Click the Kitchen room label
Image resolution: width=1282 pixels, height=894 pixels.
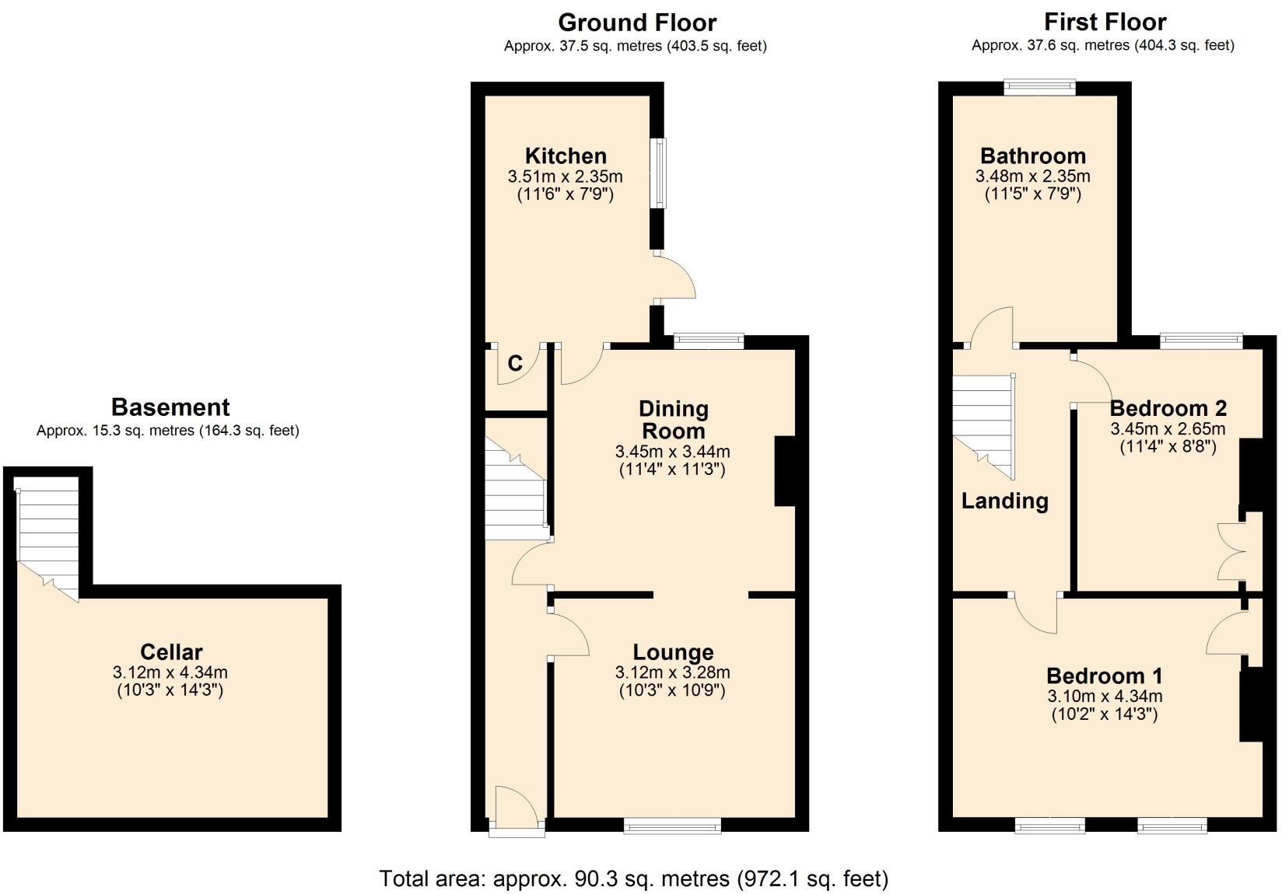566,156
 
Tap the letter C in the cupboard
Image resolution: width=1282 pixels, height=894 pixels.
515,363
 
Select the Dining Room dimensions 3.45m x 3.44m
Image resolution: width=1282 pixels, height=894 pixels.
672,452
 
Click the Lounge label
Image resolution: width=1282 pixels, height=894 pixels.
673,652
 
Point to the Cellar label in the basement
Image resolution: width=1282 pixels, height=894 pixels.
171,652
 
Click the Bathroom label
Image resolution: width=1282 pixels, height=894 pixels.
1032,156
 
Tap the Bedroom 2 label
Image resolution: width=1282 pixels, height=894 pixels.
1168,408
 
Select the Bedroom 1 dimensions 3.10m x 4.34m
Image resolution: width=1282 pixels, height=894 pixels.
1105,697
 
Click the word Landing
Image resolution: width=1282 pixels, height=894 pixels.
1004,501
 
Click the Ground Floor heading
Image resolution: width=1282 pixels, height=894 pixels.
636,23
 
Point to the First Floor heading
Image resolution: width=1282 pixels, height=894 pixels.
1105,22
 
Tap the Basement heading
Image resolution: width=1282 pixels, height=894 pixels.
170,407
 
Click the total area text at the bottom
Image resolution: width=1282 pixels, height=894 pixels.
633,878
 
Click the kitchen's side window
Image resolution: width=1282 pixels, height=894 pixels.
659,173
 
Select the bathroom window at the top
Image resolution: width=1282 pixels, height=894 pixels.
1039,88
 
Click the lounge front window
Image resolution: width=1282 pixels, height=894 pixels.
672,826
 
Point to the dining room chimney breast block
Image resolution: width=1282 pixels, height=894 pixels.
784,472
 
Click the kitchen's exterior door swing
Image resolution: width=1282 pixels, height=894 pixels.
674,278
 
